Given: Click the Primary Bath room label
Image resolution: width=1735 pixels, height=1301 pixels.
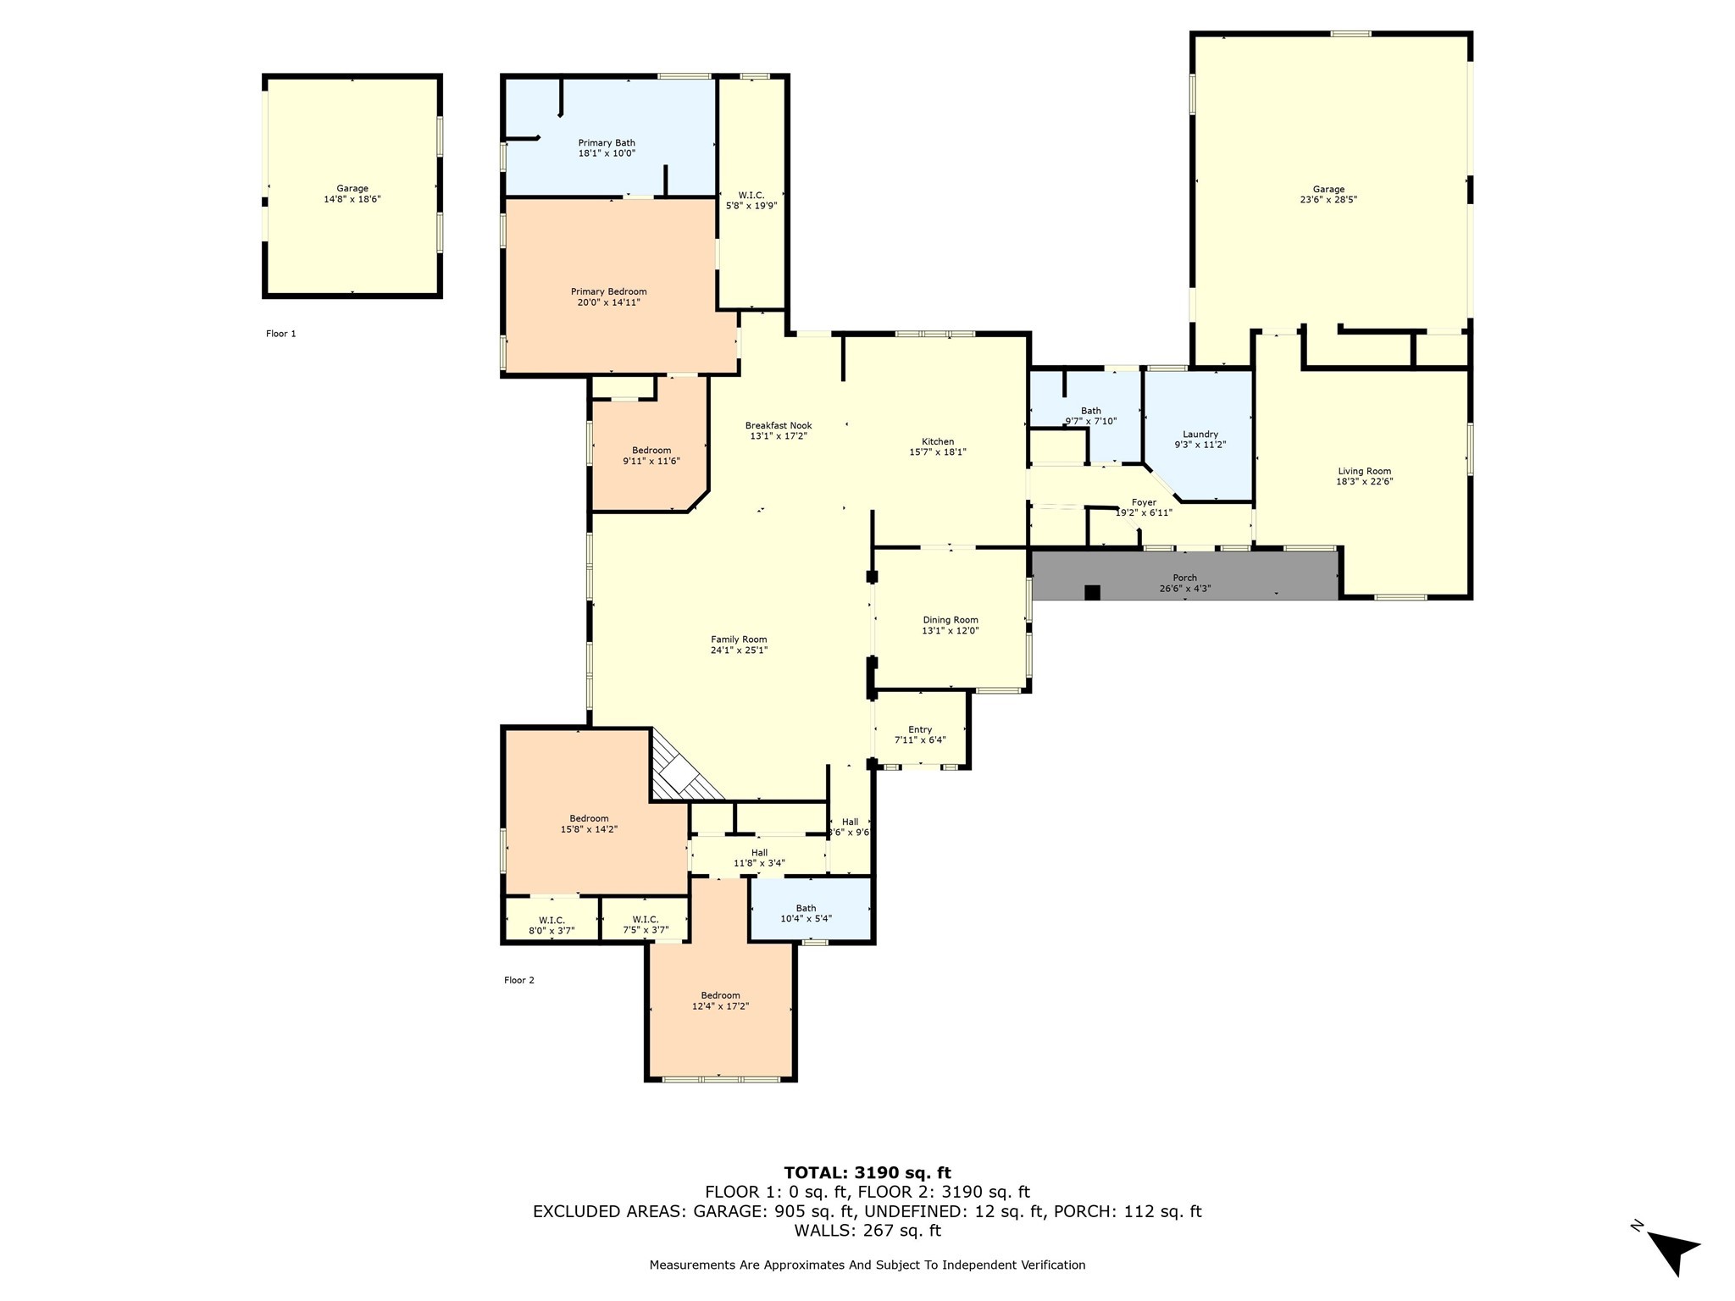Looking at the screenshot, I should pos(607,143).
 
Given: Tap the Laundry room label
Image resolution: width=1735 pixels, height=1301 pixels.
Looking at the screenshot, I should pos(1200,435).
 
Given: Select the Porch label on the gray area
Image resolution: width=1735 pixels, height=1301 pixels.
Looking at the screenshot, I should pos(1184,579).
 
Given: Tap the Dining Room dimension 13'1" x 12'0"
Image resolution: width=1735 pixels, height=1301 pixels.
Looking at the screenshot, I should pos(951,631).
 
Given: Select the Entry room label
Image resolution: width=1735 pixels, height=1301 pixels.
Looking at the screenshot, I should pos(920,729).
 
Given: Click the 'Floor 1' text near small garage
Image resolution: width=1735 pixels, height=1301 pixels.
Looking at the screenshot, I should pos(281,334).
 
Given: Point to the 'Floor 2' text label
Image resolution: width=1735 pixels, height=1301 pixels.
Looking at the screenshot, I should pos(519,980).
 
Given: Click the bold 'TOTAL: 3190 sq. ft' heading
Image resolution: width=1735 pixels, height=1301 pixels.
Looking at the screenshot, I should pos(867,1173).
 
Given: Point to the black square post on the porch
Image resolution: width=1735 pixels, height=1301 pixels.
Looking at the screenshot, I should pos(1092,593).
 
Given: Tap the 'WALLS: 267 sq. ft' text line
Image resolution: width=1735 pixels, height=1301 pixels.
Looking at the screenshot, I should pos(867,1231).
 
